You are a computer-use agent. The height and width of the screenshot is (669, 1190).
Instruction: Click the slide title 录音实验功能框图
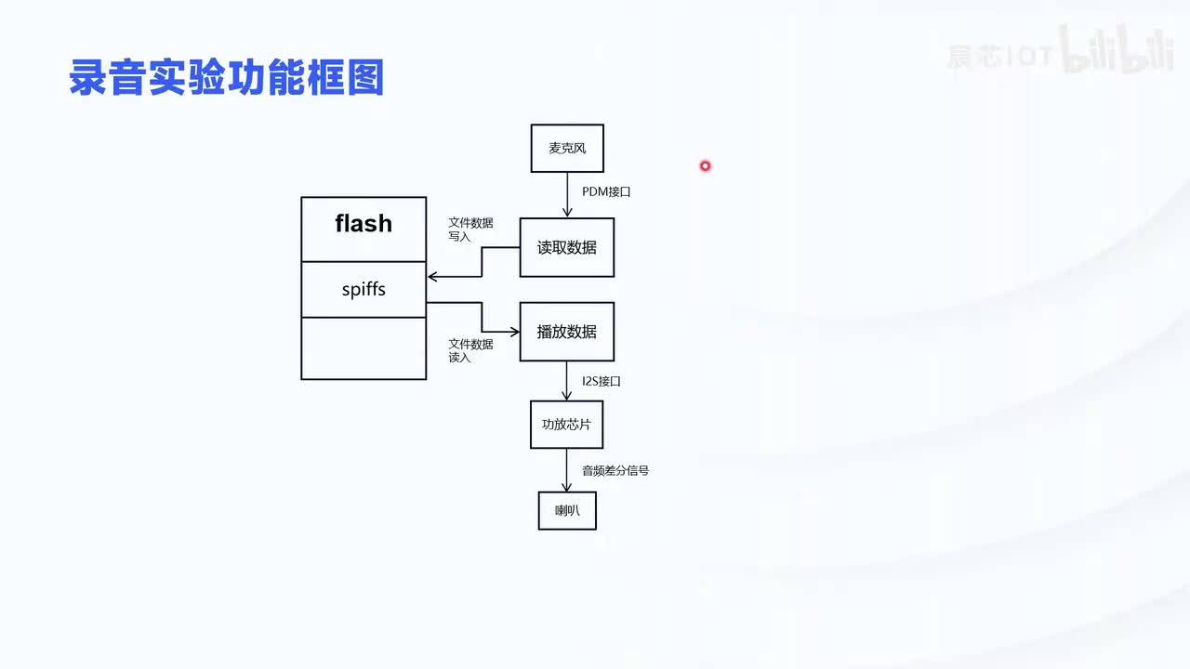click(x=227, y=78)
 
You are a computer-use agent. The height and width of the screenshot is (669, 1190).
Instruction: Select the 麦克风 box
click(x=567, y=149)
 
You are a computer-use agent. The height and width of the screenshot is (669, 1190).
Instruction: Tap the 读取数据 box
click(x=567, y=248)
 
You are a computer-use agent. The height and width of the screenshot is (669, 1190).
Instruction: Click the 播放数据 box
click(x=567, y=332)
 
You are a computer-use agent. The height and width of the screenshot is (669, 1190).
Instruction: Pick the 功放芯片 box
click(x=567, y=425)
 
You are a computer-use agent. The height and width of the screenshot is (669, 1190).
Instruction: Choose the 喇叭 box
click(x=567, y=510)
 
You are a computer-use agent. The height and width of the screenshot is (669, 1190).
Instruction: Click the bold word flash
click(x=364, y=224)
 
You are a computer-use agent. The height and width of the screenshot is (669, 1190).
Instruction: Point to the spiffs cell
click(x=364, y=289)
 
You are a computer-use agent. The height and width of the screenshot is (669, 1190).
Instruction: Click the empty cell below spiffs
click(x=364, y=348)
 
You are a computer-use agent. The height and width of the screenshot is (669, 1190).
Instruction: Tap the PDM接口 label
click(x=606, y=191)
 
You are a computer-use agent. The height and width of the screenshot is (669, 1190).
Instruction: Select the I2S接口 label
click(x=602, y=381)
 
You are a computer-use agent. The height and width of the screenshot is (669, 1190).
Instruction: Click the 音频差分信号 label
click(x=615, y=470)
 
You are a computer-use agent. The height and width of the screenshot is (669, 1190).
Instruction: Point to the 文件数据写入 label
click(x=470, y=230)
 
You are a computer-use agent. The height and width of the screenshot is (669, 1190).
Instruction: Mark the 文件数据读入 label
click(x=470, y=350)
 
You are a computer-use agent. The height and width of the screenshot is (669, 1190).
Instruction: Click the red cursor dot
click(x=705, y=166)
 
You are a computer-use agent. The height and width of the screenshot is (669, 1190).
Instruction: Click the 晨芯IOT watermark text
click(x=999, y=57)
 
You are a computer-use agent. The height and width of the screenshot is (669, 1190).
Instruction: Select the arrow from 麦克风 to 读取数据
click(x=567, y=195)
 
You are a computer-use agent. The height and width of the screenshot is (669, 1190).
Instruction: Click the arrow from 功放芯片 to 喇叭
click(x=567, y=470)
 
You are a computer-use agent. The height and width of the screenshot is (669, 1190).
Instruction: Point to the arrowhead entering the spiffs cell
click(x=432, y=277)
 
